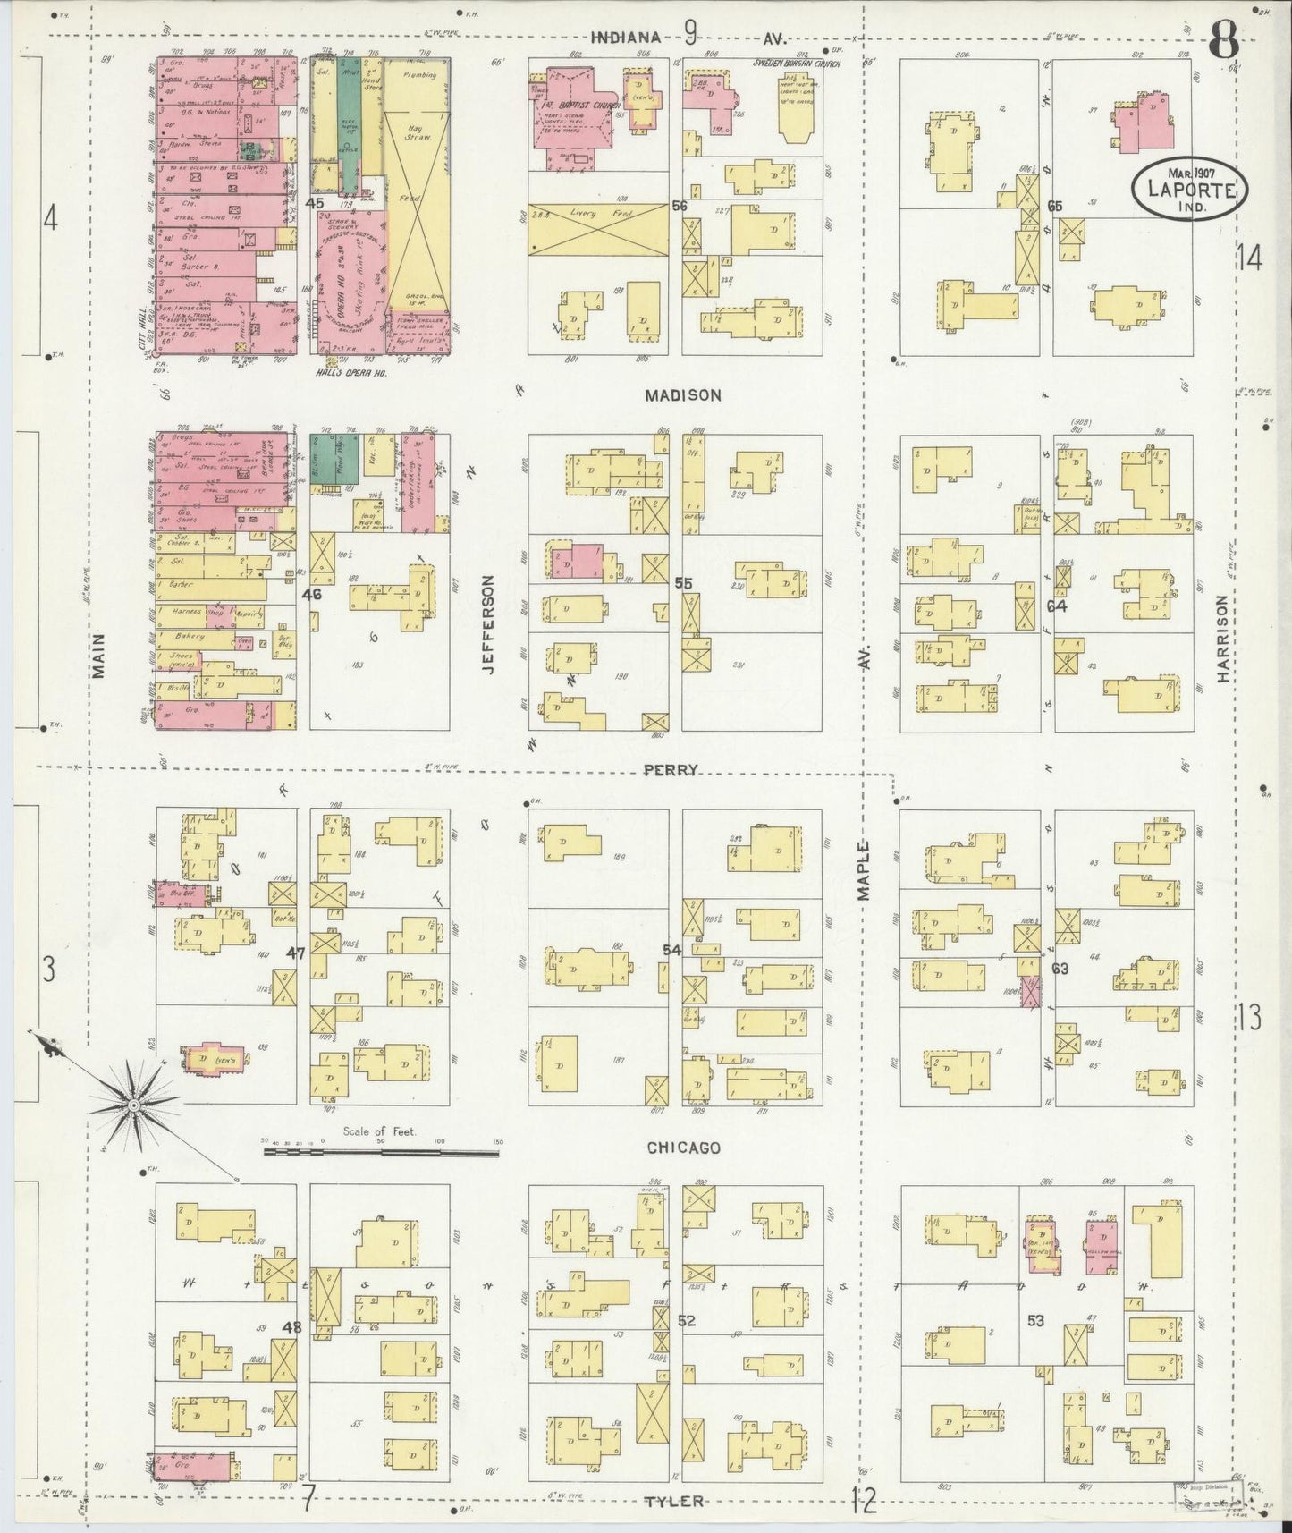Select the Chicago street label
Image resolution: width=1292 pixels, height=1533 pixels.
coord(684,1148)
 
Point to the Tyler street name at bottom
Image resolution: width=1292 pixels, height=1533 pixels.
coord(674,1501)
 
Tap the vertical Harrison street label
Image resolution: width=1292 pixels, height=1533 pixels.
coord(1223,640)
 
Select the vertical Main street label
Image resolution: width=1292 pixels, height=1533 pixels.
coord(98,656)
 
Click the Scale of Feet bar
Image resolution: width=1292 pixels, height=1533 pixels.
coord(380,1153)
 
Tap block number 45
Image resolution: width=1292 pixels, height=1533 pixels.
coord(314,203)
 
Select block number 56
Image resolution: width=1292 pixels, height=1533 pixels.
coord(680,206)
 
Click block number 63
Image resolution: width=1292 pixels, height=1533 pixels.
coord(1060,969)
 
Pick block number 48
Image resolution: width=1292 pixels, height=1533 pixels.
coord(293,1327)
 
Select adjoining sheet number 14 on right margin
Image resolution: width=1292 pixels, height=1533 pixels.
coord(1249,258)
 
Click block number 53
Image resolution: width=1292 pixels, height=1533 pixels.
coord(1036,1320)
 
